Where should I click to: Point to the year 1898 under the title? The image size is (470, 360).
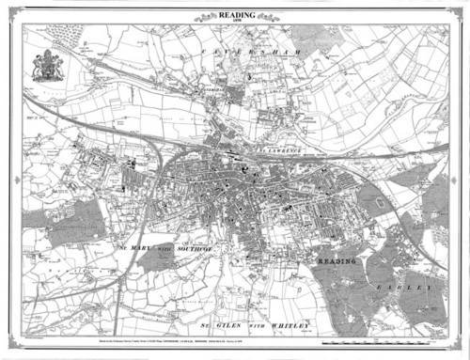pos(234,21)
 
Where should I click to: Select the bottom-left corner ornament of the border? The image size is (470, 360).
pos(13,348)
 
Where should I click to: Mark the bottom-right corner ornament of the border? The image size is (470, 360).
pos(457,348)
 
